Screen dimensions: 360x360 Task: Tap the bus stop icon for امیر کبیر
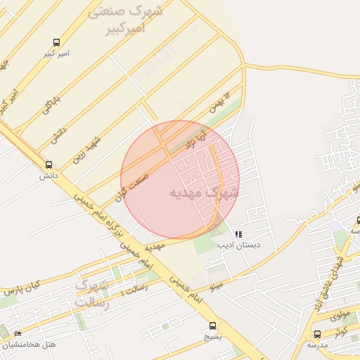click(x=56, y=42)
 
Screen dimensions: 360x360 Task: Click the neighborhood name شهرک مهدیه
click(x=204, y=191)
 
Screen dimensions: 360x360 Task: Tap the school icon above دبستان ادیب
click(x=239, y=234)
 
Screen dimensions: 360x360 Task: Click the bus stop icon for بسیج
click(x=213, y=326)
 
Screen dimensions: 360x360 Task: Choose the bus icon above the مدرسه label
click(x=317, y=334)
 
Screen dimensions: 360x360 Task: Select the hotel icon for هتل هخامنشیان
click(x=18, y=333)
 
